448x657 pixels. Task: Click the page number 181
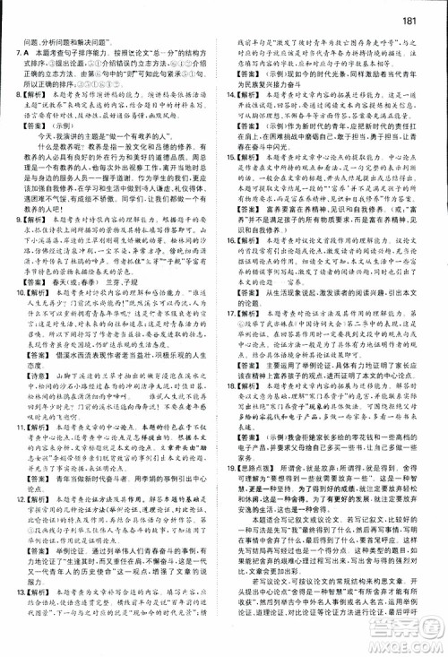(427, 12)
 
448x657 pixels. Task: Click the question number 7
(15, 53)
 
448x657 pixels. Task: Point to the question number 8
(14, 91)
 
